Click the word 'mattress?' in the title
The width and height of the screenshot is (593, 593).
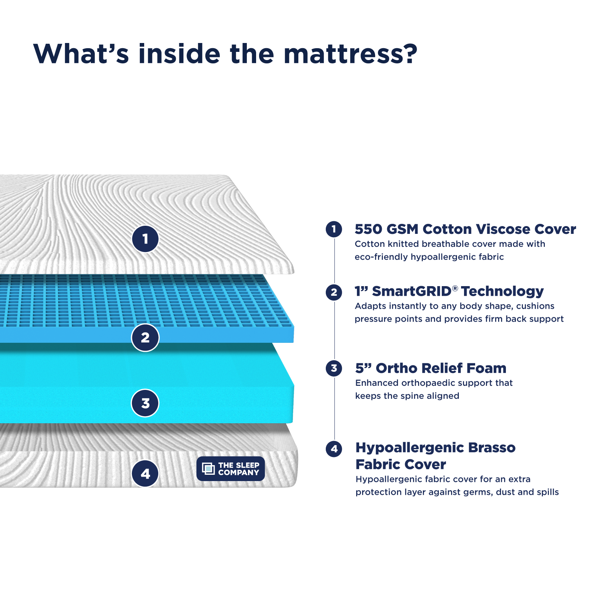350,54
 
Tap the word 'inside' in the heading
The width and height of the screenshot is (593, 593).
179,54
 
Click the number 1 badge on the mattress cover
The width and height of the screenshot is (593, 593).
145,239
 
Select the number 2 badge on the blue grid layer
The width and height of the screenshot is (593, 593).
145,338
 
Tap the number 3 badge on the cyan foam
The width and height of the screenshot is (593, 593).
145,403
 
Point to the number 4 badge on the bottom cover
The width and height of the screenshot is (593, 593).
145,474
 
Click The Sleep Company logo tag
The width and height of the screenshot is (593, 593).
231,469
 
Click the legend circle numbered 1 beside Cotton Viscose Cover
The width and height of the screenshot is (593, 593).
334,229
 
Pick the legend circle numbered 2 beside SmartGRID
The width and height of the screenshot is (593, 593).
334,292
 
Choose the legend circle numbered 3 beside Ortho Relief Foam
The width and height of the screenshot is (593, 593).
334,368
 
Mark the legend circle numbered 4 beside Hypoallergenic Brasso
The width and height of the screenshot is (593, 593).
334,449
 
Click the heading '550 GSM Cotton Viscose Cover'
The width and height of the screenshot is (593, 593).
465,229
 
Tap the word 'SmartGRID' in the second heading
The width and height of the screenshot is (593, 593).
412,291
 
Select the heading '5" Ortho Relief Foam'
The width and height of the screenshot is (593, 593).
431,368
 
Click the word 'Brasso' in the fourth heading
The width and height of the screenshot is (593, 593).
492,448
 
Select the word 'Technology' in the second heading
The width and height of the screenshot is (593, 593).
503,291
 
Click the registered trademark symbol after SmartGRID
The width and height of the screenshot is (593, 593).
455,288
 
